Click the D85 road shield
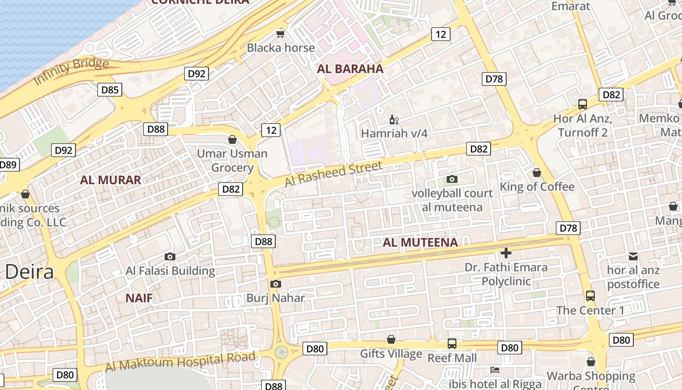click(x=110, y=90)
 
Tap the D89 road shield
click(x=8, y=165)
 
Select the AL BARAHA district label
click(x=350, y=69)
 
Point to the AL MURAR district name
click(x=111, y=180)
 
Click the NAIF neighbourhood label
click(x=139, y=298)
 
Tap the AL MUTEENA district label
click(x=420, y=242)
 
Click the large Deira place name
click(x=29, y=272)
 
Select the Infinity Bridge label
click(x=71, y=71)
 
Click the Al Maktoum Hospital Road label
click(x=180, y=361)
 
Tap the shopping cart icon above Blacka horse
click(x=280, y=34)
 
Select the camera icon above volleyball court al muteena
click(x=452, y=179)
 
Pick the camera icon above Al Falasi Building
click(x=170, y=256)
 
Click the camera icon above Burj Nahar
click(x=275, y=284)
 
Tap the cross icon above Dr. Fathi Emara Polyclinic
click(x=506, y=253)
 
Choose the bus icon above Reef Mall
click(x=452, y=344)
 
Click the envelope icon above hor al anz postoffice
click(x=633, y=256)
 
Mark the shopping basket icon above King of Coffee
click(x=537, y=173)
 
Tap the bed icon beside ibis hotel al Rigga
click(x=495, y=370)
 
